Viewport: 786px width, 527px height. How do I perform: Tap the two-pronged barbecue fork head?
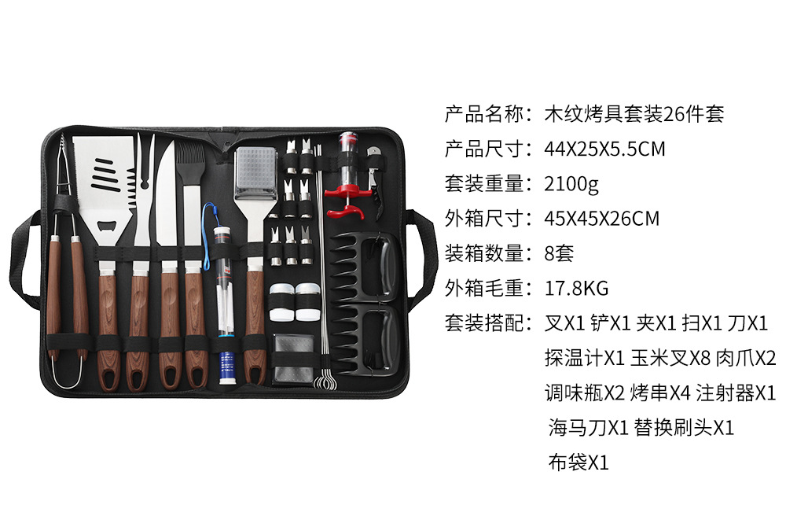click(x=143, y=169)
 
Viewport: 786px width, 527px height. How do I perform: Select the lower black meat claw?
click(x=363, y=338)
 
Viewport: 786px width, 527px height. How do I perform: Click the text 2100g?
click(x=571, y=184)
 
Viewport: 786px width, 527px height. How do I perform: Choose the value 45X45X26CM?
click(x=602, y=219)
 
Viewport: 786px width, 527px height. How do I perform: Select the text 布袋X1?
click(x=578, y=462)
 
